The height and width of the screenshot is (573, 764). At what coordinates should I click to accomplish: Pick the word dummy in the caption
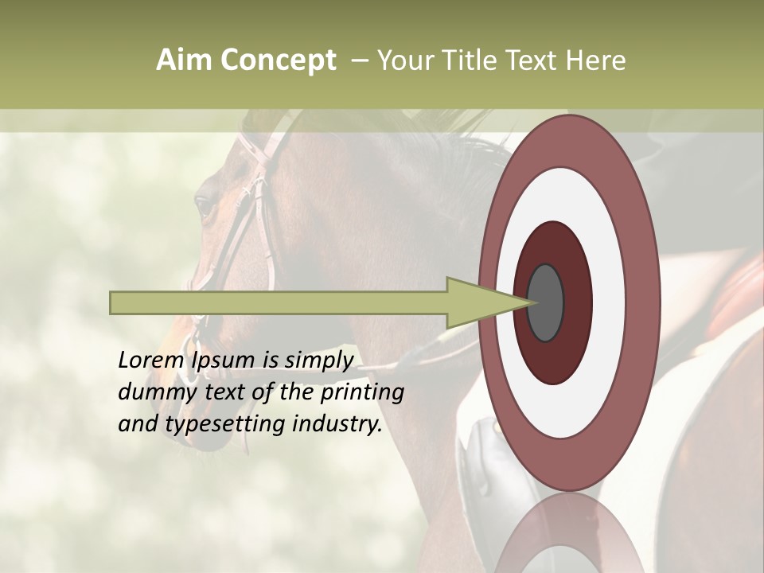pos(152,392)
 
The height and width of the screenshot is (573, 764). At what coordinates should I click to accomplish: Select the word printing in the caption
pos(362,392)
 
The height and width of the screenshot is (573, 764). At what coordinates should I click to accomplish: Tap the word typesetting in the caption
pos(225,424)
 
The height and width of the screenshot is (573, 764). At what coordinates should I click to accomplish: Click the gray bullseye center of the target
pos(546,302)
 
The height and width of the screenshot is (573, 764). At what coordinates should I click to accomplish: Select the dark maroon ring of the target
pos(575,302)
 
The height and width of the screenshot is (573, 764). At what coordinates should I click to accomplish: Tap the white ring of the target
pos(610,302)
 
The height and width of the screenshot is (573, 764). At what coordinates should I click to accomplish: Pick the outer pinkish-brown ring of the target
pos(645,302)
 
